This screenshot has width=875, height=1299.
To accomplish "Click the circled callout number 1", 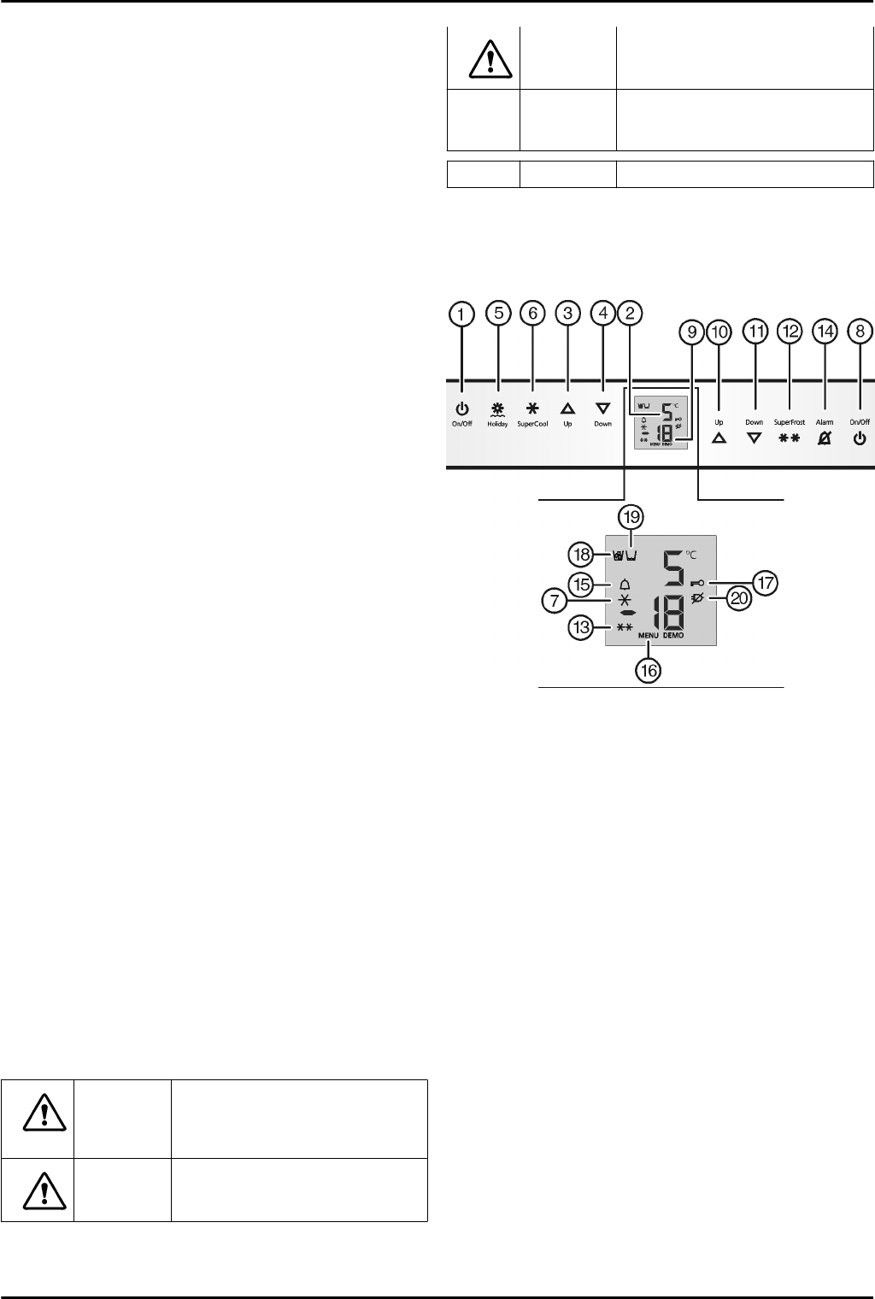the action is [462, 314].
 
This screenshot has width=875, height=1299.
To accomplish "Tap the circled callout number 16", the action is [649, 671].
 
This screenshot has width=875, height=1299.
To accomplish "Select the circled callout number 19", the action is [631, 517].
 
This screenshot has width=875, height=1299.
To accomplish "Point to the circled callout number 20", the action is [739, 598].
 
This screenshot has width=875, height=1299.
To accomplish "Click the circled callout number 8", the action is [860, 332].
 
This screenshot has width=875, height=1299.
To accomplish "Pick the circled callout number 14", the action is [825, 332].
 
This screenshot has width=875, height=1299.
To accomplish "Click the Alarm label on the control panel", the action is [825, 422].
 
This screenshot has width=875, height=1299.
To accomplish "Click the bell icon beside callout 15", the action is [624, 585].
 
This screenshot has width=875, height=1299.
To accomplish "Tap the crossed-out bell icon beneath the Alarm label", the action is [825, 439].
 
